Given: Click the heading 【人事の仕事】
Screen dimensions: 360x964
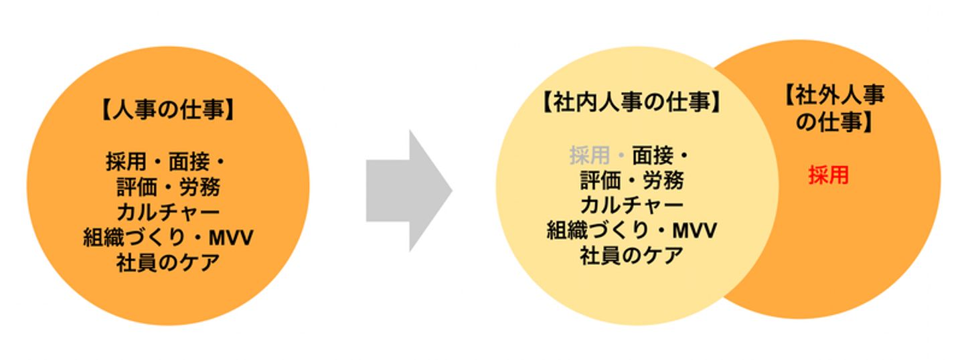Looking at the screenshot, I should tap(168, 110).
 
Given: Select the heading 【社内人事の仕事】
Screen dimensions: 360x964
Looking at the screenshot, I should tap(632, 102).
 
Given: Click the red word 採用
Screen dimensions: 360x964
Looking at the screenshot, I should tap(828, 175).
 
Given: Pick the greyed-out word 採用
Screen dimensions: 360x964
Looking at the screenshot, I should tap(589, 156).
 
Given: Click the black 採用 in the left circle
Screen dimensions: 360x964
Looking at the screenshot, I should tap(125, 163).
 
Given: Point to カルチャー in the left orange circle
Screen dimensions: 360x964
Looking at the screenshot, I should tap(168, 213).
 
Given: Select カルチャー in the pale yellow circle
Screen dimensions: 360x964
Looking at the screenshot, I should tap(632, 205).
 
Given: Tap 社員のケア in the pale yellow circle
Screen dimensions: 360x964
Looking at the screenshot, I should tap(632, 255).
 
